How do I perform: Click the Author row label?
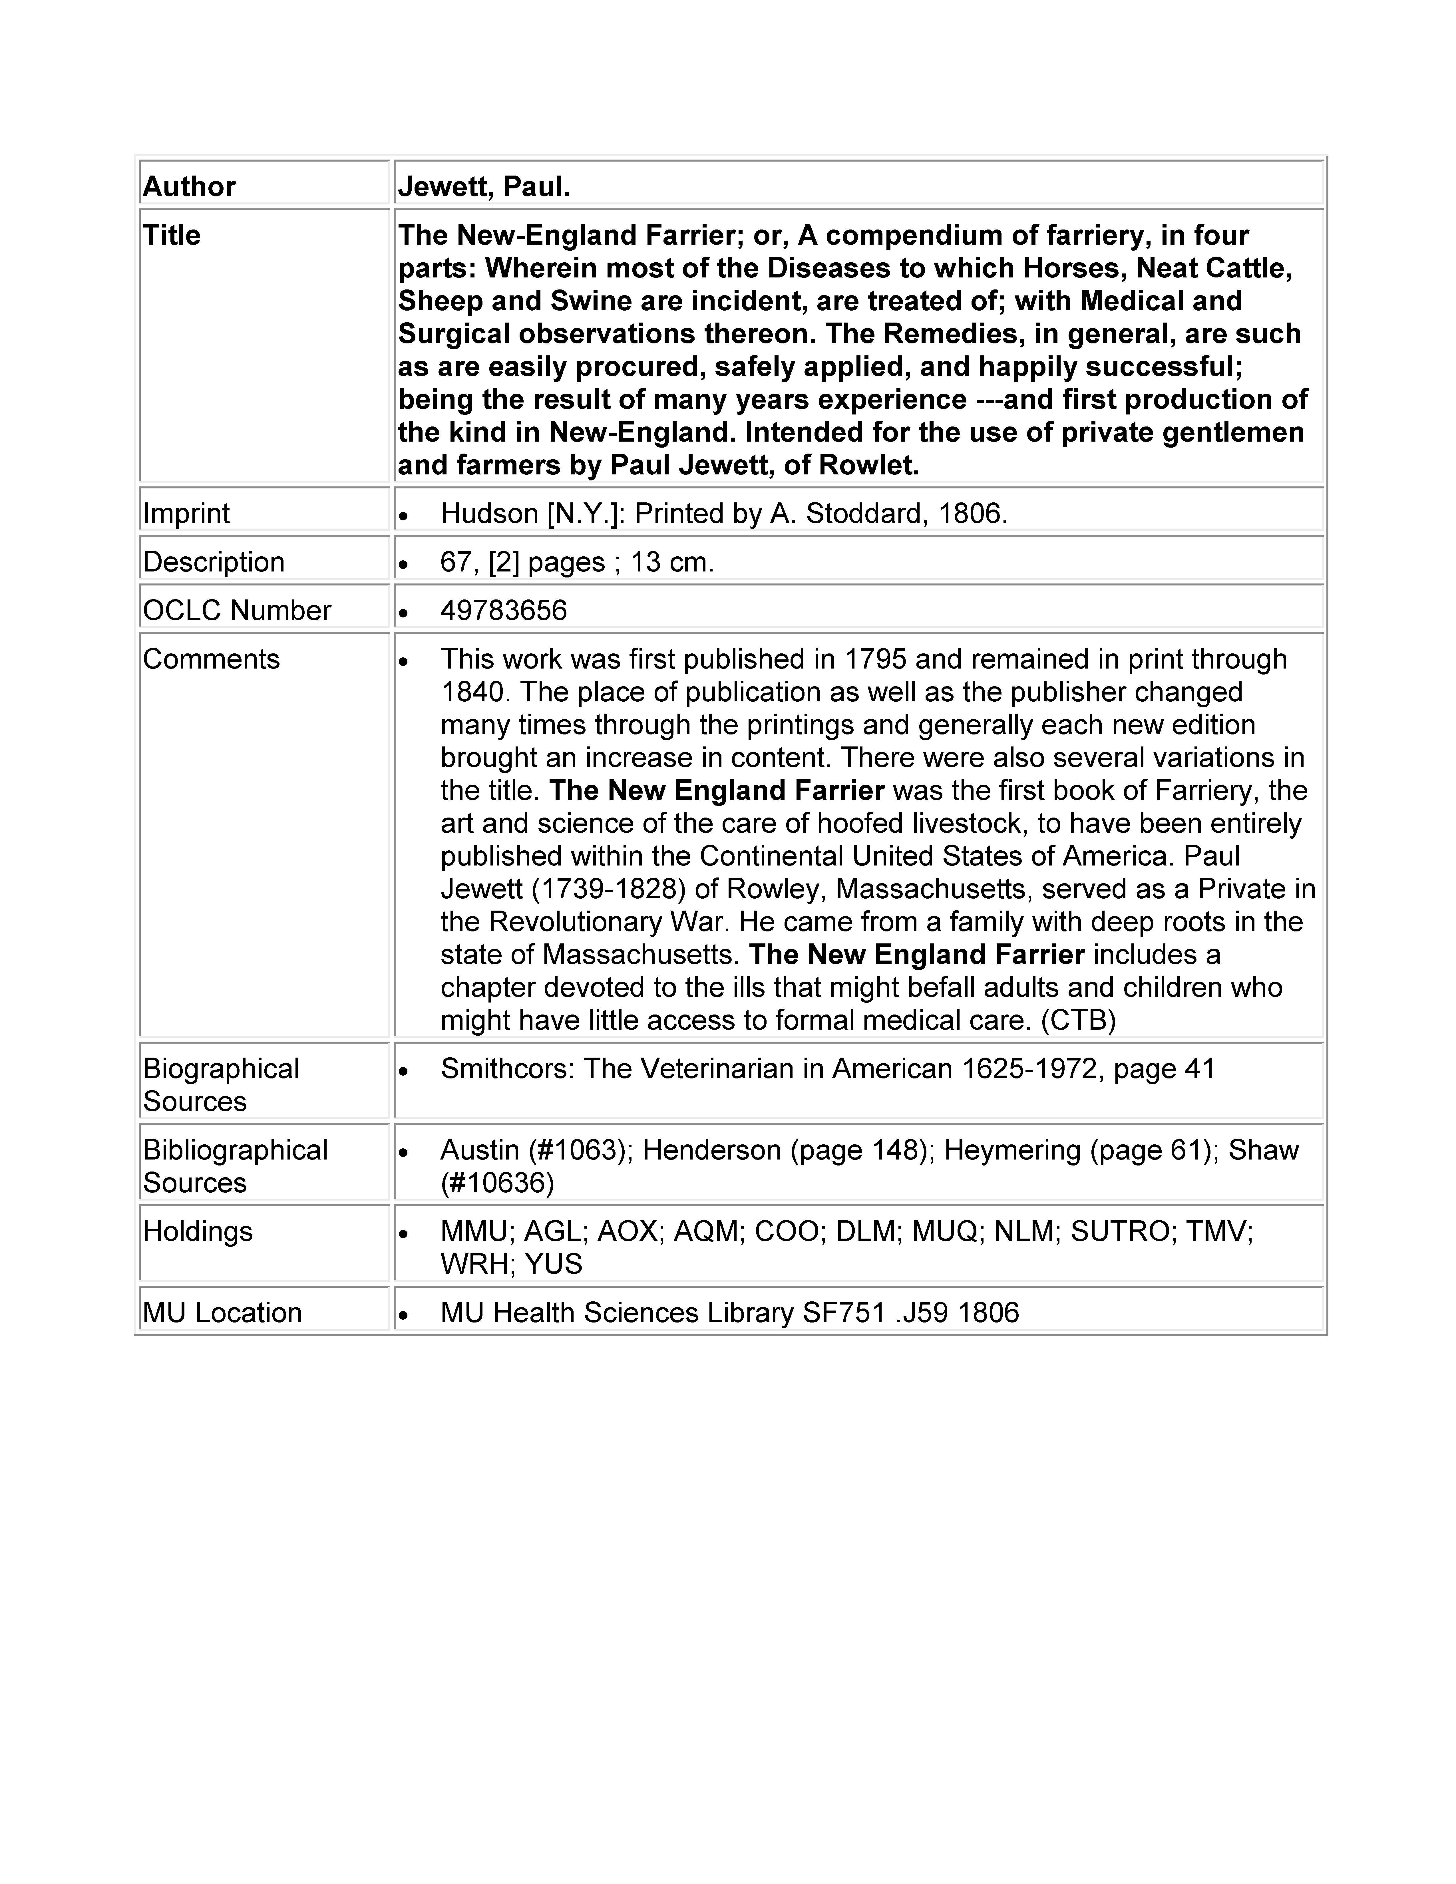click(x=189, y=186)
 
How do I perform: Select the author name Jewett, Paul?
click(x=484, y=186)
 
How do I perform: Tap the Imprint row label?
click(x=186, y=513)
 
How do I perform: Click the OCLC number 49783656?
click(x=504, y=610)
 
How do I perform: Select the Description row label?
click(x=213, y=561)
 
